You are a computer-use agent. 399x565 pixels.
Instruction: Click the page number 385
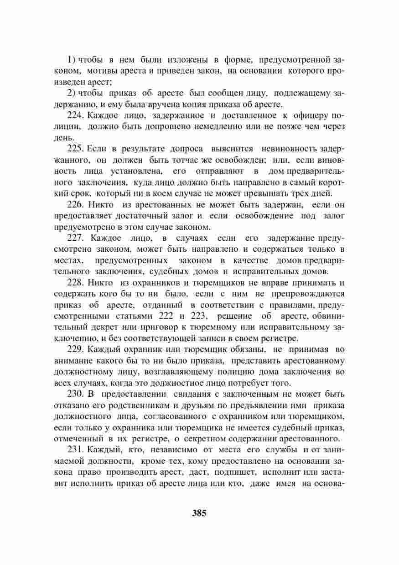point(199,513)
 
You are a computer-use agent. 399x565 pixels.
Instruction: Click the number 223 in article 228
point(200,316)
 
